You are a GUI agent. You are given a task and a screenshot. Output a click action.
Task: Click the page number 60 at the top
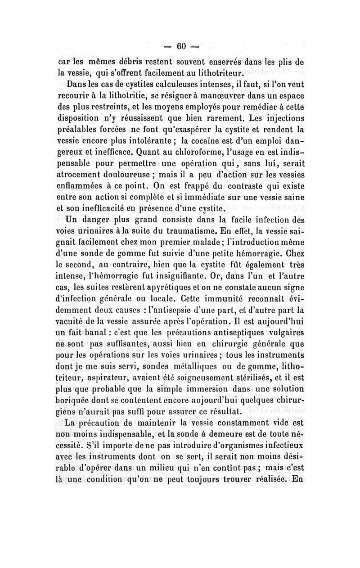181,46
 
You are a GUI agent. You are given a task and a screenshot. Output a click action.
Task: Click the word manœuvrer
218,95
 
